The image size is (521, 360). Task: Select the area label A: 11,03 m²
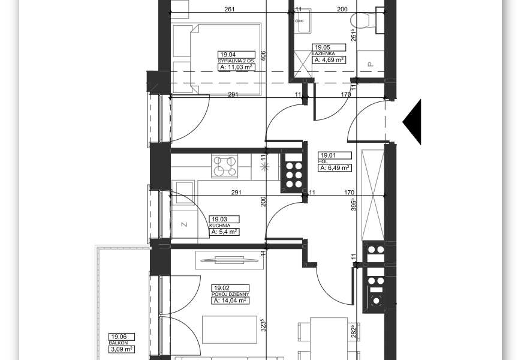click(236, 67)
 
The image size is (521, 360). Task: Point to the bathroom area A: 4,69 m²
click(329, 60)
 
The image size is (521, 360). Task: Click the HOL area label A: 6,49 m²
click(335, 168)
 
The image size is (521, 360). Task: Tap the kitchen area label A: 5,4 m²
click(224, 232)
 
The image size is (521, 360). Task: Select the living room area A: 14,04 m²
click(230, 301)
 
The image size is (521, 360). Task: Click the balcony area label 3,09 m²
click(122, 349)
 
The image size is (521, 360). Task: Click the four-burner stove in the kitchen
click(225, 166)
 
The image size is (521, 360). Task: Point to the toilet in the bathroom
click(363, 20)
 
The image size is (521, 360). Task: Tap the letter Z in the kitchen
click(185, 225)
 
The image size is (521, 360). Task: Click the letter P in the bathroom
click(371, 64)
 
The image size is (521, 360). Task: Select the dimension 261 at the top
click(230, 9)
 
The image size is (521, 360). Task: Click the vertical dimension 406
click(263, 56)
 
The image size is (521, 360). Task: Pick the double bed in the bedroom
click(216, 59)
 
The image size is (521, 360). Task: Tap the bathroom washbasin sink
click(303, 20)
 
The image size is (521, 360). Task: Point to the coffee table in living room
click(230, 329)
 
